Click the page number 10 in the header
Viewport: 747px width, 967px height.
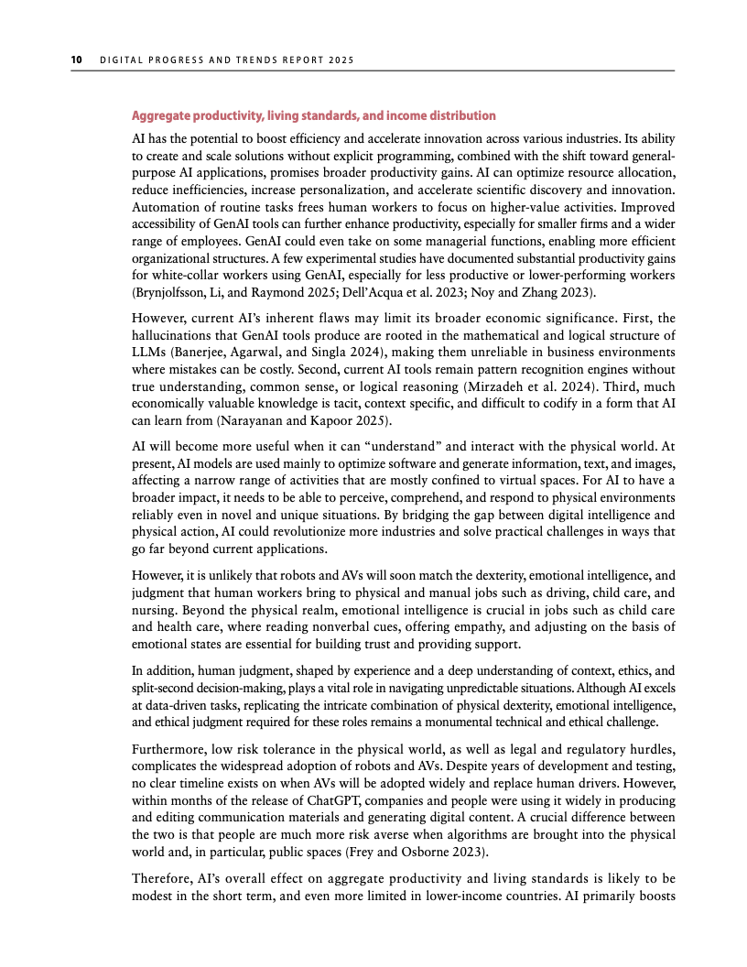coord(77,60)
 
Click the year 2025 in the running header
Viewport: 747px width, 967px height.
coord(340,60)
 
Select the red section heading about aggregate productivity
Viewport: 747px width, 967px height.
coord(314,116)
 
